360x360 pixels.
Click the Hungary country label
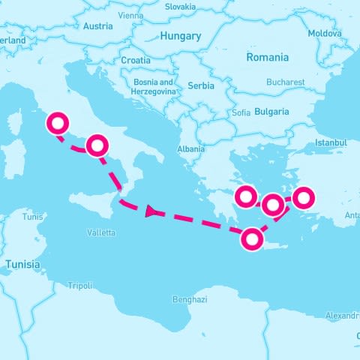tap(181, 36)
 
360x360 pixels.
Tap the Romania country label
tap(268, 58)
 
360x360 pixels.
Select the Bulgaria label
tap(271, 112)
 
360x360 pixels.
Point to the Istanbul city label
tap(331, 142)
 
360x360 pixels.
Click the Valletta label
tap(101, 232)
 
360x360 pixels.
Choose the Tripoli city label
tap(80, 286)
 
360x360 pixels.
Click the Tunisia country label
tap(22, 265)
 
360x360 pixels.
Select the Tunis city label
tap(33, 217)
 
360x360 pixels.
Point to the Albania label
tap(190, 149)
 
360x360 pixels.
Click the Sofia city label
tap(241, 113)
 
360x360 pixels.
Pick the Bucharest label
tap(285, 82)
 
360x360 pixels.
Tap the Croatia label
tap(136, 60)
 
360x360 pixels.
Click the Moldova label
tap(324, 34)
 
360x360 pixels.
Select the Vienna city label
tap(130, 15)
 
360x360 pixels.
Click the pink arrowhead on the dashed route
tap(152, 212)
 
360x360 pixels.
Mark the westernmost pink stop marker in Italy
tap(57, 123)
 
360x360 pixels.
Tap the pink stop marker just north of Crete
tap(253, 239)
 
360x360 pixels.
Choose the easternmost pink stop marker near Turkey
tap(303, 198)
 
